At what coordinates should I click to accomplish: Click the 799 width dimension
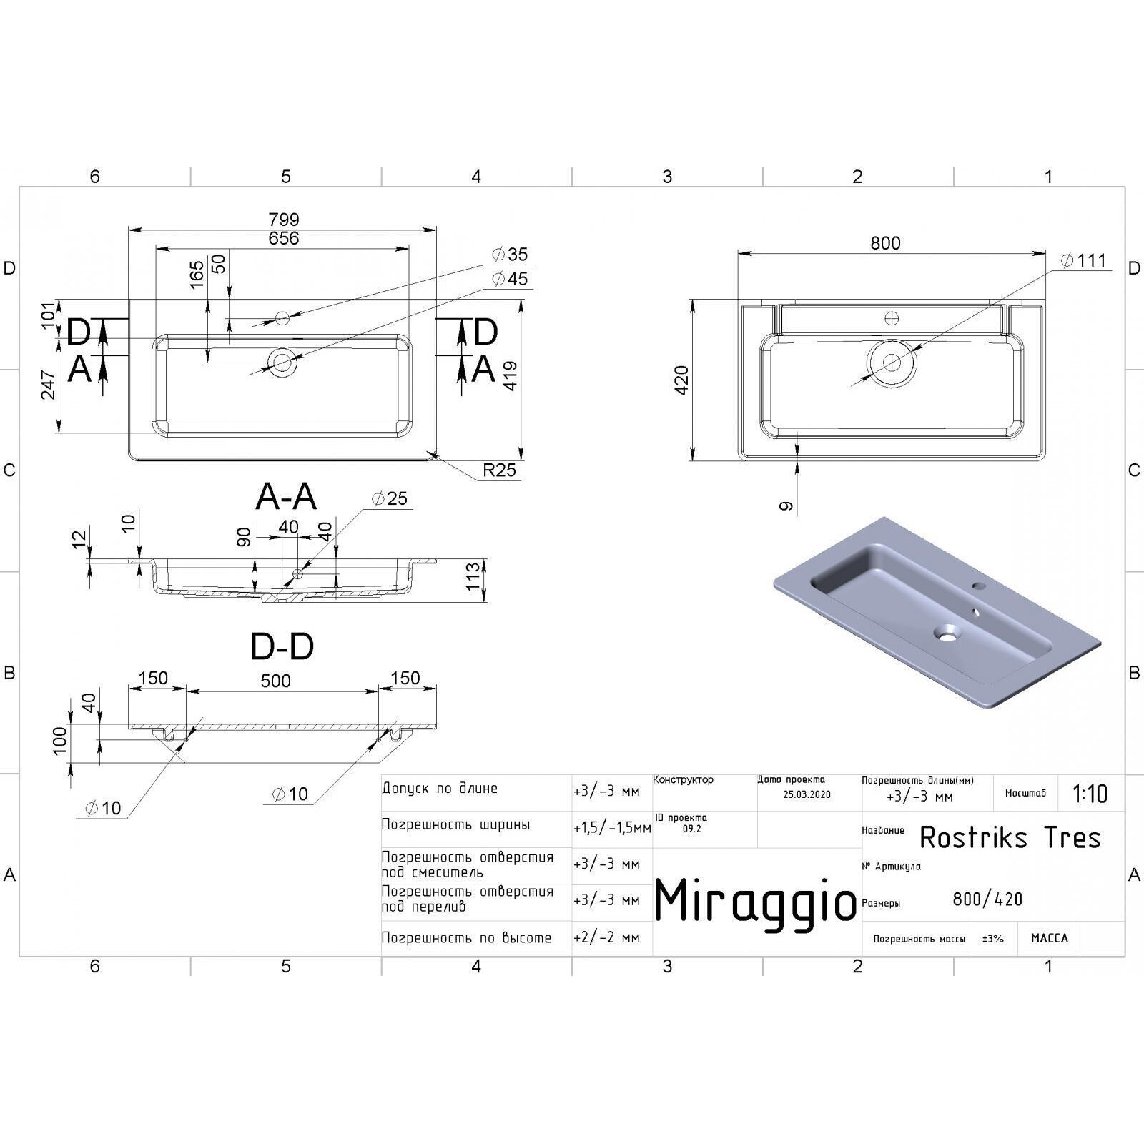pyautogui.click(x=284, y=219)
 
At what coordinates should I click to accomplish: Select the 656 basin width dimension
pyautogui.click(x=284, y=238)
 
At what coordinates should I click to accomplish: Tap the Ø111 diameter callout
pyautogui.click(x=1083, y=260)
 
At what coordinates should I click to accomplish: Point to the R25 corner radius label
pyautogui.click(x=499, y=470)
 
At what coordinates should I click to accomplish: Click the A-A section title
pyautogui.click(x=286, y=496)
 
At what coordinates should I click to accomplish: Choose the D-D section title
pyautogui.click(x=282, y=646)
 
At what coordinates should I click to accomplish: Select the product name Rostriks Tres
pyautogui.click(x=1010, y=837)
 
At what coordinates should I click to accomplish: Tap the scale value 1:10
pyautogui.click(x=1090, y=794)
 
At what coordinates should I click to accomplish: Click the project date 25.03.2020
pyautogui.click(x=807, y=794)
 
